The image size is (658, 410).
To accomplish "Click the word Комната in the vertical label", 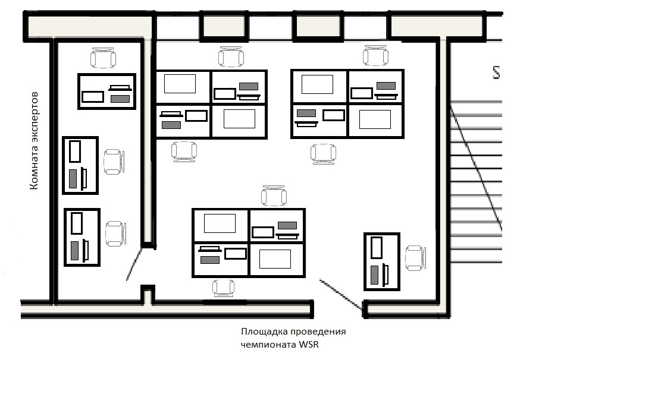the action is (35, 167).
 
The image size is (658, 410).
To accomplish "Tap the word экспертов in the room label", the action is (35, 116).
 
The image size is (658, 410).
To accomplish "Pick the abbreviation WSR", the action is (308, 345).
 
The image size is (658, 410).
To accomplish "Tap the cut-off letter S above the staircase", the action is (497, 72).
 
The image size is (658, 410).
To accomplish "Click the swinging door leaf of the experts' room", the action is (134, 265).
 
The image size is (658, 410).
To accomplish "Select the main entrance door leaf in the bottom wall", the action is (341, 294).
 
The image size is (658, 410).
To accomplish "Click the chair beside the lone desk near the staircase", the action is (415, 258).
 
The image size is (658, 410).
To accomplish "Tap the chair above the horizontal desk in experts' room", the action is (104, 58).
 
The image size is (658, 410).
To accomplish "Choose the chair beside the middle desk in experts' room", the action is (114, 162).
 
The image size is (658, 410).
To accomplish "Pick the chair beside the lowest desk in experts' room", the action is (116, 234).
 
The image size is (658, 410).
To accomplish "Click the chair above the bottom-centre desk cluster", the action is (274, 195).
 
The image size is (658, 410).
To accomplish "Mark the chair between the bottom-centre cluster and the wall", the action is (223, 288).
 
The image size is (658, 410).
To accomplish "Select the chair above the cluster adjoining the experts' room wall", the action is (231, 56).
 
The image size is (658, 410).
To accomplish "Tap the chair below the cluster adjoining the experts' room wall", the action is (184, 152).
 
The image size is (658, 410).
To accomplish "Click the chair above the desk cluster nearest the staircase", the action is (375, 55).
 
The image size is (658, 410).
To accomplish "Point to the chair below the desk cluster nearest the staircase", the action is (323, 154).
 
